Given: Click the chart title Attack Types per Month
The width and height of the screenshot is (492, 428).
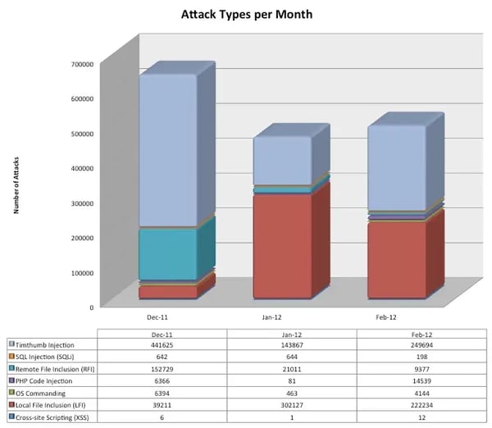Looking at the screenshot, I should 247,15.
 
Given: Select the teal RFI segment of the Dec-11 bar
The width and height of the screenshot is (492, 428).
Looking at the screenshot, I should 167,254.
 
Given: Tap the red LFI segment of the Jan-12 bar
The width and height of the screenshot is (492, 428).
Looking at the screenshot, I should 281,246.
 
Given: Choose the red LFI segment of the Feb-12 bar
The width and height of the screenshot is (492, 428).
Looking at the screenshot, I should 396,259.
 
